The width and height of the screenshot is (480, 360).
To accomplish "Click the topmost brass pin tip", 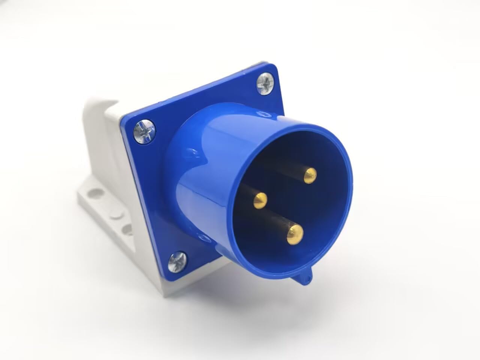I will [310, 173].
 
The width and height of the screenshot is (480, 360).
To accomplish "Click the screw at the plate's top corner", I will [265, 82].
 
